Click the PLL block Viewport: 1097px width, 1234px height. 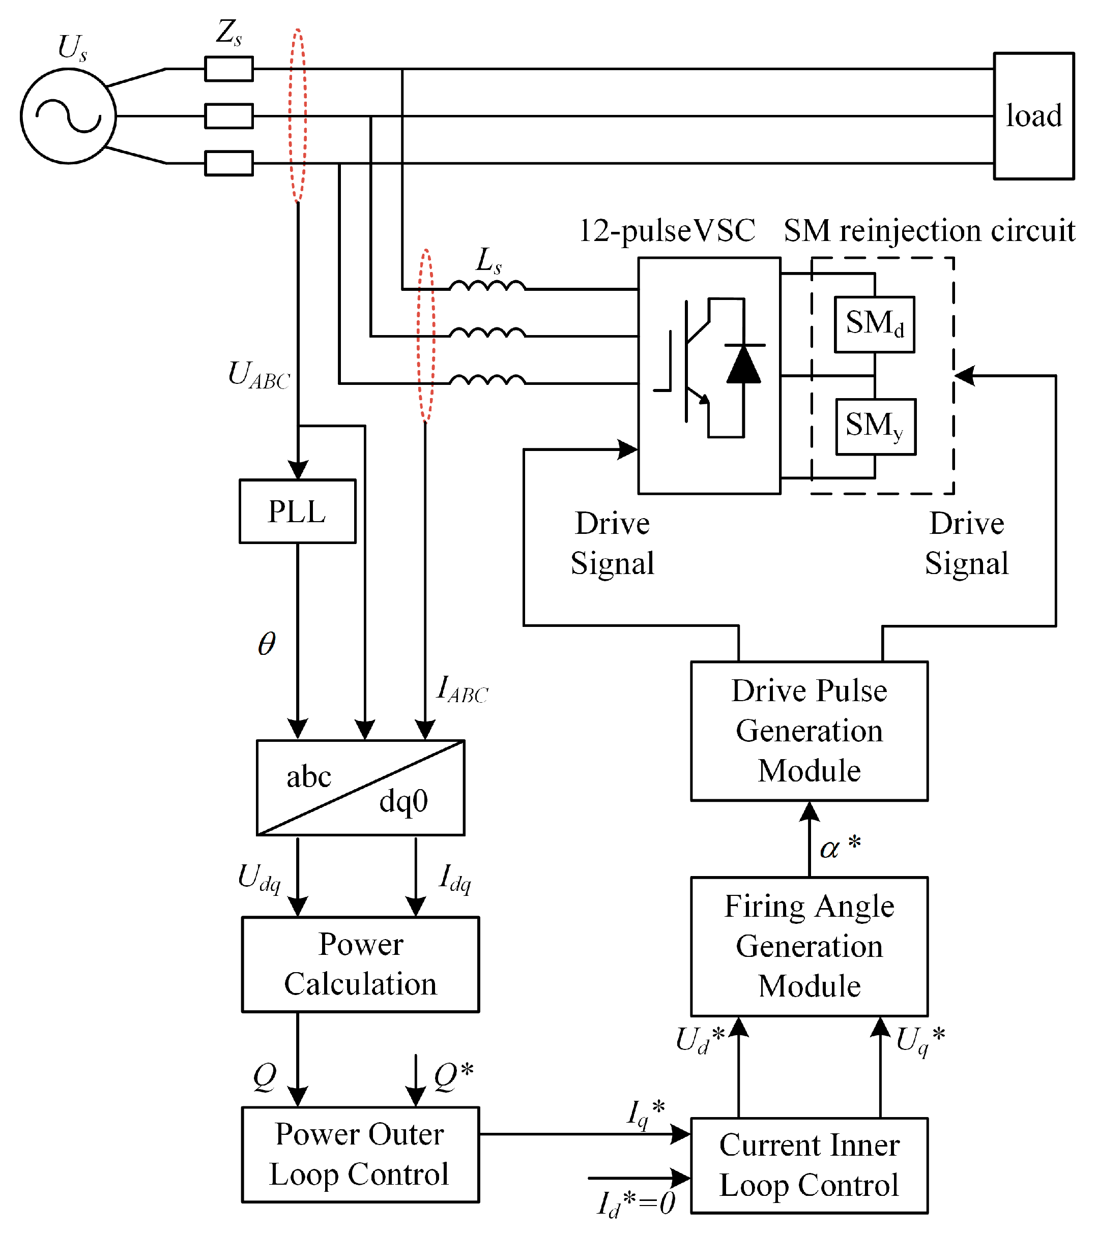coord(297,511)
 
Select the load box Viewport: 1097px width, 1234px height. coord(1033,116)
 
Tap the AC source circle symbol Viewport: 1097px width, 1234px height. coord(68,116)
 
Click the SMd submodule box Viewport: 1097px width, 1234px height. coord(874,324)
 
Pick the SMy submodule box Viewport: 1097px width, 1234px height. coord(875,426)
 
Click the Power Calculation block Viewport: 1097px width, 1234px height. coord(360,964)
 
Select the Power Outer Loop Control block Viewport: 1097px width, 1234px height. coord(360,1154)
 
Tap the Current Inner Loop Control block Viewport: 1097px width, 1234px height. coord(809,1165)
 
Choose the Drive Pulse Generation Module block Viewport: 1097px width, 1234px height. coord(809,731)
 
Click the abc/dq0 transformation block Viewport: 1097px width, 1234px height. coord(360,788)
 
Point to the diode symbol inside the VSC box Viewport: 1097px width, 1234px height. coord(743,364)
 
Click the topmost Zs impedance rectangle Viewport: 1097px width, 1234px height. coord(228,69)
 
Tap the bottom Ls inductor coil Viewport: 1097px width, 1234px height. coord(487,381)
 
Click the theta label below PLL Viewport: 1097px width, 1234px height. coord(267,644)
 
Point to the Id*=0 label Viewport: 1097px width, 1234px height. coord(636,1203)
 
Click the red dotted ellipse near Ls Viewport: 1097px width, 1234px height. coord(426,336)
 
